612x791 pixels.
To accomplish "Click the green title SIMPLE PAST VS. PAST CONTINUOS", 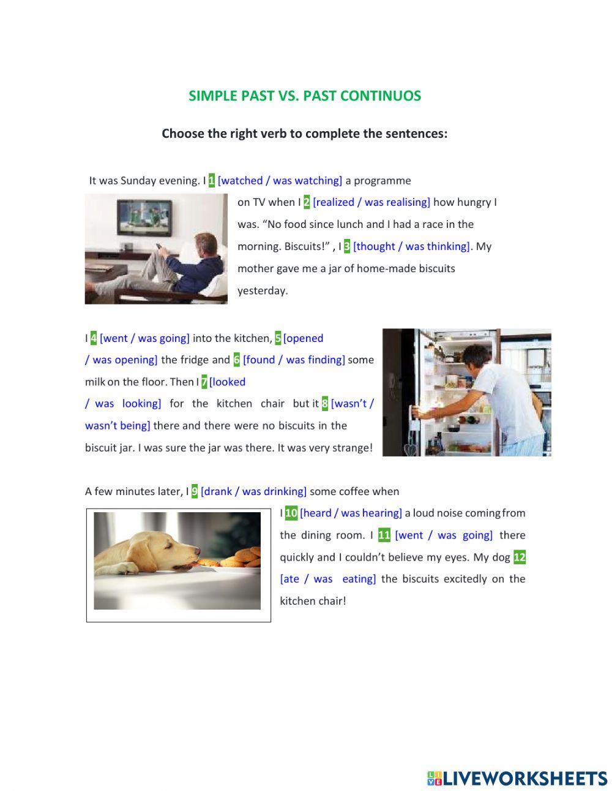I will (x=305, y=96).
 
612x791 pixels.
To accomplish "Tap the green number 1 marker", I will (x=212, y=180).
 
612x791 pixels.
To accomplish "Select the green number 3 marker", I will (x=347, y=246).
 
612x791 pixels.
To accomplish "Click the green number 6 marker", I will (x=236, y=360).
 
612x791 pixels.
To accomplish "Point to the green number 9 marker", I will (x=195, y=491).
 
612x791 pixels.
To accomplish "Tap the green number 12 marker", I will (x=520, y=557).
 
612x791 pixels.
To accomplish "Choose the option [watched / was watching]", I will (x=280, y=180).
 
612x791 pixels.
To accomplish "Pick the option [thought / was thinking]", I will (x=411, y=246).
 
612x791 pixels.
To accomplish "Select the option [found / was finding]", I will (x=294, y=360).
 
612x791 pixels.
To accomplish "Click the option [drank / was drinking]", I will (x=253, y=491).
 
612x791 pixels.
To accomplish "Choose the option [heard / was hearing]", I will (x=351, y=513).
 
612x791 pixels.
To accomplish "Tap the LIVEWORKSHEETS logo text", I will (x=525, y=778).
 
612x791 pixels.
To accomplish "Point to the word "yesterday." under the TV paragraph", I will (x=263, y=290).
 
